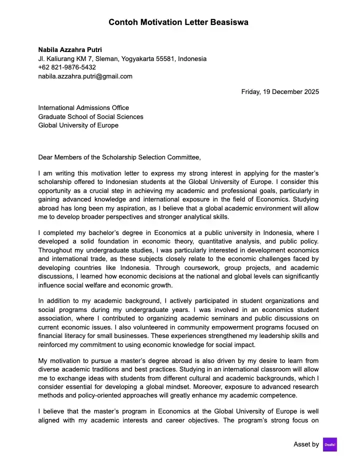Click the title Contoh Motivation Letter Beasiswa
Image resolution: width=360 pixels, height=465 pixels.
click(178, 22)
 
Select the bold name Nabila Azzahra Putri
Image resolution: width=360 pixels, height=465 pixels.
click(70, 49)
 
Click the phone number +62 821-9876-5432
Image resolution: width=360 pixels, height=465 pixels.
click(67, 67)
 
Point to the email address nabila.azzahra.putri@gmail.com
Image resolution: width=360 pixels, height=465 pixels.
click(85, 76)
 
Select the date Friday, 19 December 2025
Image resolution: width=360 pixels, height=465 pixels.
click(280, 91)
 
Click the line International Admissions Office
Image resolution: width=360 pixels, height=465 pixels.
click(83, 107)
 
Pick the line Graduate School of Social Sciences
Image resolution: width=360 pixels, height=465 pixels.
click(90, 116)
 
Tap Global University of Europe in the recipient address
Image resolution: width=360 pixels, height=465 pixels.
click(78, 125)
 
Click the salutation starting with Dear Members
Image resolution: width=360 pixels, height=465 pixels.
click(119, 157)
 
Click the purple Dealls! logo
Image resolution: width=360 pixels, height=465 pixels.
click(330, 444)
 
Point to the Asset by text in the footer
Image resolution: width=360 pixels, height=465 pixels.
click(306, 444)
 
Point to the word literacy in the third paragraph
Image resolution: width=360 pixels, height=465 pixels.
click(76, 336)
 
